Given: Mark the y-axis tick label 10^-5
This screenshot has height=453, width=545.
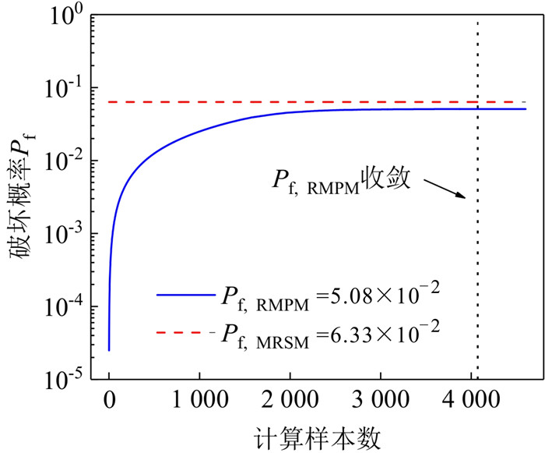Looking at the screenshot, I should [x=64, y=380].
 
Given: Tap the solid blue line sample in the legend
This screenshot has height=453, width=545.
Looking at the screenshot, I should [x=181, y=295].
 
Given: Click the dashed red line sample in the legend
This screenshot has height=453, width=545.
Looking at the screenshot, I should [x=181, y=333].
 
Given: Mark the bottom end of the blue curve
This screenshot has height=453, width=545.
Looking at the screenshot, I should [x=109, y=349].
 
